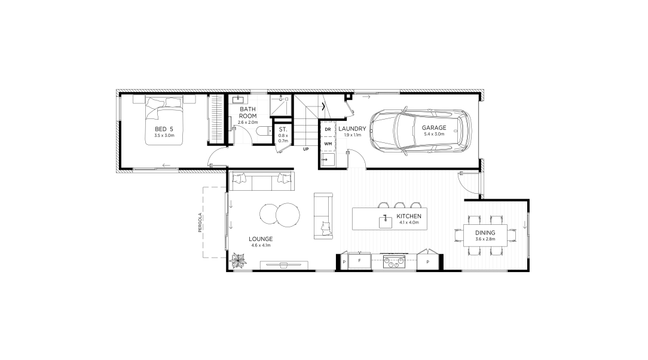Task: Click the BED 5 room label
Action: pyautogui.click(x=164, y=129)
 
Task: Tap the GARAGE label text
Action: pyautogui.click(x=434, y=128)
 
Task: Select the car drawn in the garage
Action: pyautogui.click(x=421, y=132)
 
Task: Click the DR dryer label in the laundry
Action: pyautogui.click(x=328, y=129)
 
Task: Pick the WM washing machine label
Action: pyautogui.click(x=328, y=144)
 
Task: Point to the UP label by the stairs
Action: pyautogui.click(x=306, y=150)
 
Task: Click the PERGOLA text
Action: pyautogui.click(x=200, y=222)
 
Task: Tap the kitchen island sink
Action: pyautogui.click(x=386, y=222)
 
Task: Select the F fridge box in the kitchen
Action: pyautogui.click(x=359, y=261)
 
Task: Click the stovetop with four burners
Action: pyautogui.click(x=394, y=262)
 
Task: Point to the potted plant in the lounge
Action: pyautogui.click(x=239, y=261)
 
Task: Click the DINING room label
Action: pyautogui.click(x=485, y=233)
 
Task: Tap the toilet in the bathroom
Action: pyautogui.click(x=263, y=132)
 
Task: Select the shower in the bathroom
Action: pyautogui.click(x=281, y=105)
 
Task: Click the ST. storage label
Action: pyautogui.click(x=283, y=129)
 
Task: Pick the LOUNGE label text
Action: pyautogui.click(x=261, y=239)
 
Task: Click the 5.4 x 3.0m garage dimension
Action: pyautogui.click(x=434, y=134)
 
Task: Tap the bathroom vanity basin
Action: pyautogui.click(x=238, y=99)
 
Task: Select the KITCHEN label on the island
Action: pyautogui.click(x=409, y=216)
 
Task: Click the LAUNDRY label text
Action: pyautogui.click(x=352, y=129)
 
